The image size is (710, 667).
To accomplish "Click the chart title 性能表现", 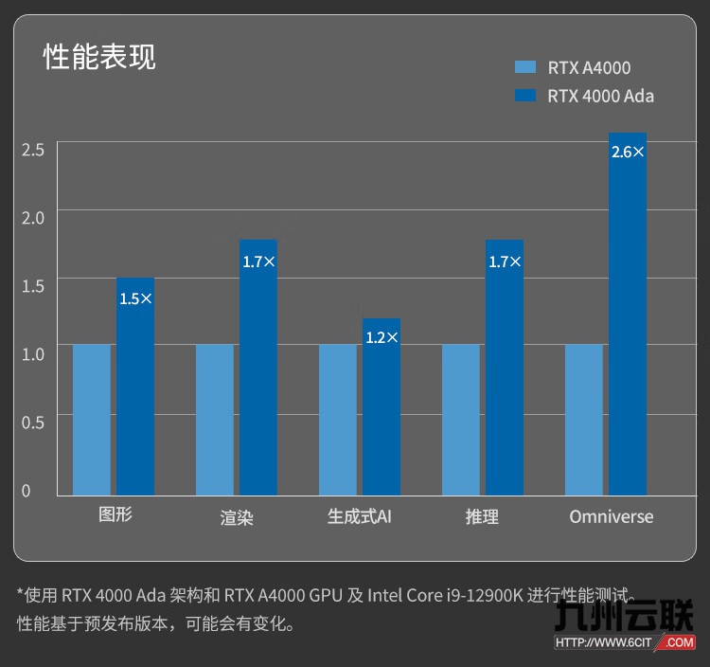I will coord(99,57).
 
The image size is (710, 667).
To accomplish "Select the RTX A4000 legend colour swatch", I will coord(524,67).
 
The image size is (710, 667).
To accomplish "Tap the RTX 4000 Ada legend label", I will coord(600,96).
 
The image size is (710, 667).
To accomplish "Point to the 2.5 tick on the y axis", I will coord(33,149).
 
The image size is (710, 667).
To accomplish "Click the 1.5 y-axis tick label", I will coord(33,285).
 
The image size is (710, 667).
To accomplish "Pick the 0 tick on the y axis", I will coord(27,490).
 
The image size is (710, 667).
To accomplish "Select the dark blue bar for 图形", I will coord(135,398).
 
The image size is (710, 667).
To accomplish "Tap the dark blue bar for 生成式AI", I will coord(382,417).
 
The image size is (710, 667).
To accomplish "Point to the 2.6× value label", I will coord(628,152).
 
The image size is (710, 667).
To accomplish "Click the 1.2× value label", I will coord(382,337).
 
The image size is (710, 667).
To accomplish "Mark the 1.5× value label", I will coord(135,298).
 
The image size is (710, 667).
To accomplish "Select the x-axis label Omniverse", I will coord(612,516).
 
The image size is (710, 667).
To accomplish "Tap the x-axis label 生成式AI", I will coord(360,516).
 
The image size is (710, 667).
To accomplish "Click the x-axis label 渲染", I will coord(237,517).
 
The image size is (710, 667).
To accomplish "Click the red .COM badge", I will coord(678,641).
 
